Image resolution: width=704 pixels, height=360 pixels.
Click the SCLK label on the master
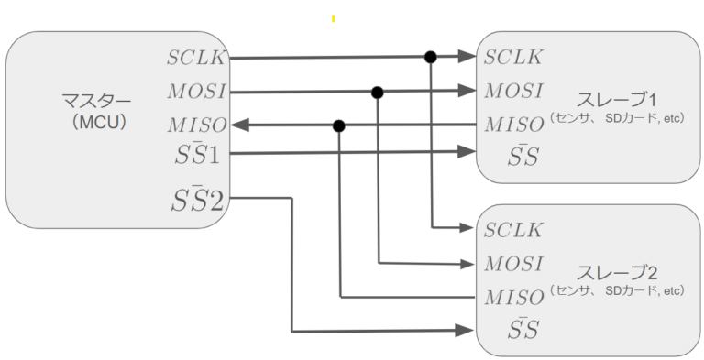tap(194, 58)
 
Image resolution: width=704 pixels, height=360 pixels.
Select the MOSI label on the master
tap(194, 92)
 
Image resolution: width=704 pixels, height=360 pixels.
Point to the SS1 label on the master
tap(193, 155)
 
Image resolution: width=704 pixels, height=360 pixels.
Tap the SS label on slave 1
tap(522, 156)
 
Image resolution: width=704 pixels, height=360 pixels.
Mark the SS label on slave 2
tap(522, 329)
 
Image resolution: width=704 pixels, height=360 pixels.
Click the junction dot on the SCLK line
tap(430, 57)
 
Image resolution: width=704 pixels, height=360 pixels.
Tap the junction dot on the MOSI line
tap(377, 92)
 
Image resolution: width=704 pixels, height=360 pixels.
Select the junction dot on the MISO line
tap(339, 125)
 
